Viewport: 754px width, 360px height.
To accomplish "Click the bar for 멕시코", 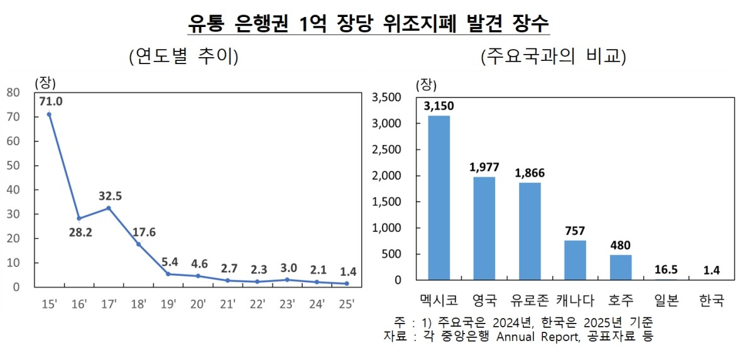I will [x=439, y=198].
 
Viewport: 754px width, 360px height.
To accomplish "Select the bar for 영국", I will [x=484, y=229].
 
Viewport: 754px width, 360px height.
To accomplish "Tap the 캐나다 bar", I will [x=575, y=260].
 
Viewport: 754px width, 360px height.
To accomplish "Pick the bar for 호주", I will [x=620, y=268].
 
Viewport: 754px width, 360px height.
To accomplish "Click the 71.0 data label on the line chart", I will [x=51, y=102].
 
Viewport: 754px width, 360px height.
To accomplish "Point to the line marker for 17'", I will [x=109, y=208].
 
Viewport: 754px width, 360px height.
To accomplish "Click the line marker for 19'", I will [x=168, y=274].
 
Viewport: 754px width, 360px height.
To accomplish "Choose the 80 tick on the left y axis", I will [x=13, y=92].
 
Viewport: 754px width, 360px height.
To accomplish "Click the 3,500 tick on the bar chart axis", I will [x=387, y=97].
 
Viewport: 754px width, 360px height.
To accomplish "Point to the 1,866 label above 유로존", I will [x=530, y=173].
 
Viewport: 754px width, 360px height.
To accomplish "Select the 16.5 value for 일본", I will [x=666, y=270].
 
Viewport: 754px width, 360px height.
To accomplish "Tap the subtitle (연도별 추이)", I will [x=183, y=57].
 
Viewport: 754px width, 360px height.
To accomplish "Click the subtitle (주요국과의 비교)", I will [x=554, y=57].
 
